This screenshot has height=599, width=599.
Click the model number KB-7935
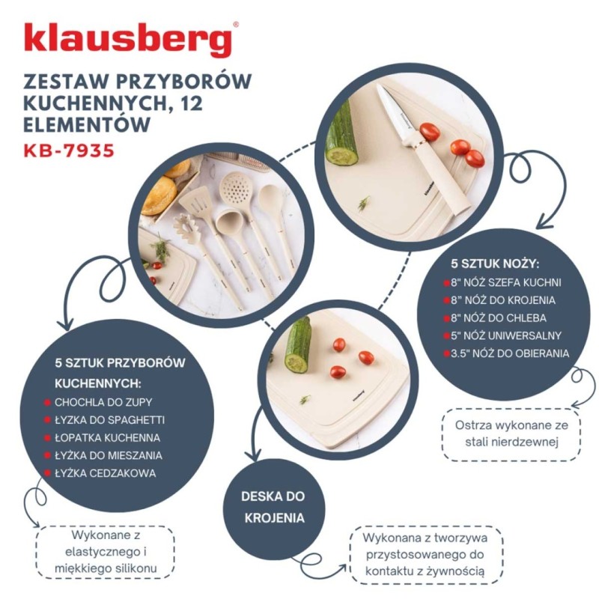tap(69, 150)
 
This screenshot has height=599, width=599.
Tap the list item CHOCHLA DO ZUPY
tap(103, 402)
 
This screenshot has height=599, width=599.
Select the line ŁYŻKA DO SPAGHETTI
tap(109, 419)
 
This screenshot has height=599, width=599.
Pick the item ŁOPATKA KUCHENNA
tap(107, 437)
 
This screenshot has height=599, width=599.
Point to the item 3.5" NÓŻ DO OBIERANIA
tap(510, 353)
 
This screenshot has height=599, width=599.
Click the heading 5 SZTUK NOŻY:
tap(495, 265)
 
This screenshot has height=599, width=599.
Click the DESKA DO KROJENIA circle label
tap(273, 507)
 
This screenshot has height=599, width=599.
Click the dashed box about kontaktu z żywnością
tap(425, 555)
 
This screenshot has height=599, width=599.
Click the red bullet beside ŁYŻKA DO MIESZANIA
tap(47, 455)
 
